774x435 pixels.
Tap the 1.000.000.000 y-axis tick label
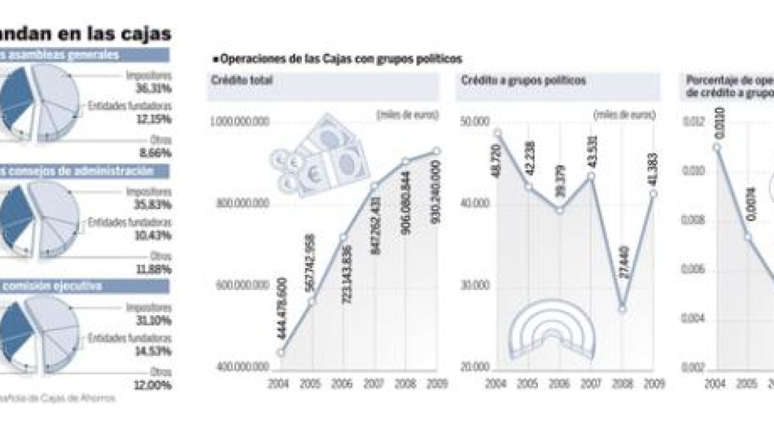point(239,121)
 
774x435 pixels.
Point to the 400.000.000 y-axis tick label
point(239,367)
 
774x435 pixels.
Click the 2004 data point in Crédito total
point(281,352)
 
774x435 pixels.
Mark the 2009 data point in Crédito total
point(437,151)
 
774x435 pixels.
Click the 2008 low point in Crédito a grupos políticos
point(622,309)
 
